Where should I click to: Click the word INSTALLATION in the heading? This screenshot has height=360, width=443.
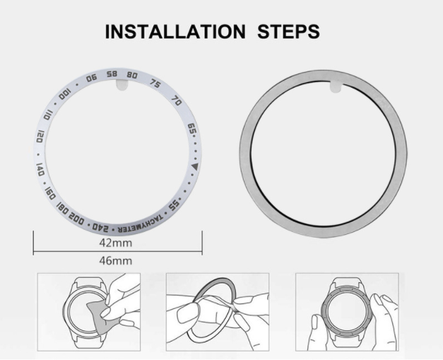point(175,31)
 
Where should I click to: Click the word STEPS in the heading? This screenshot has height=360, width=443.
point(288,31)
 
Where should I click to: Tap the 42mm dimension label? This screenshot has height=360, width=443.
point(116,243)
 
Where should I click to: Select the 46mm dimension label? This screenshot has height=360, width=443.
point(116,260)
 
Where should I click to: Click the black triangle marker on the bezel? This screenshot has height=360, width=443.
point(195,167)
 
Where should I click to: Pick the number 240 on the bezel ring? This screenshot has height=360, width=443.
point(100,226)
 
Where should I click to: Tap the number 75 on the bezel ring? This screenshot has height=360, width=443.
point(155,83)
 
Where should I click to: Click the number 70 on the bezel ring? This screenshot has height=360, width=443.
point(177,100)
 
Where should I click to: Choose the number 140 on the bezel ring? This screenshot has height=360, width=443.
point(40,169)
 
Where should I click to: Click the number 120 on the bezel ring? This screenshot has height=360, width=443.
point(40,136)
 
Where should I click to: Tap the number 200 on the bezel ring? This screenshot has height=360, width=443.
point(76,218)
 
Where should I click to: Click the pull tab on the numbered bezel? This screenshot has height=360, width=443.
point(122,85)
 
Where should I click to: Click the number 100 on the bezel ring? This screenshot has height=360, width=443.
point(65,94)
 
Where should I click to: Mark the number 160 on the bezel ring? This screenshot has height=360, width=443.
point(49,193)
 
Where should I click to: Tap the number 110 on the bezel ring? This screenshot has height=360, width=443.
point(48,115)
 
